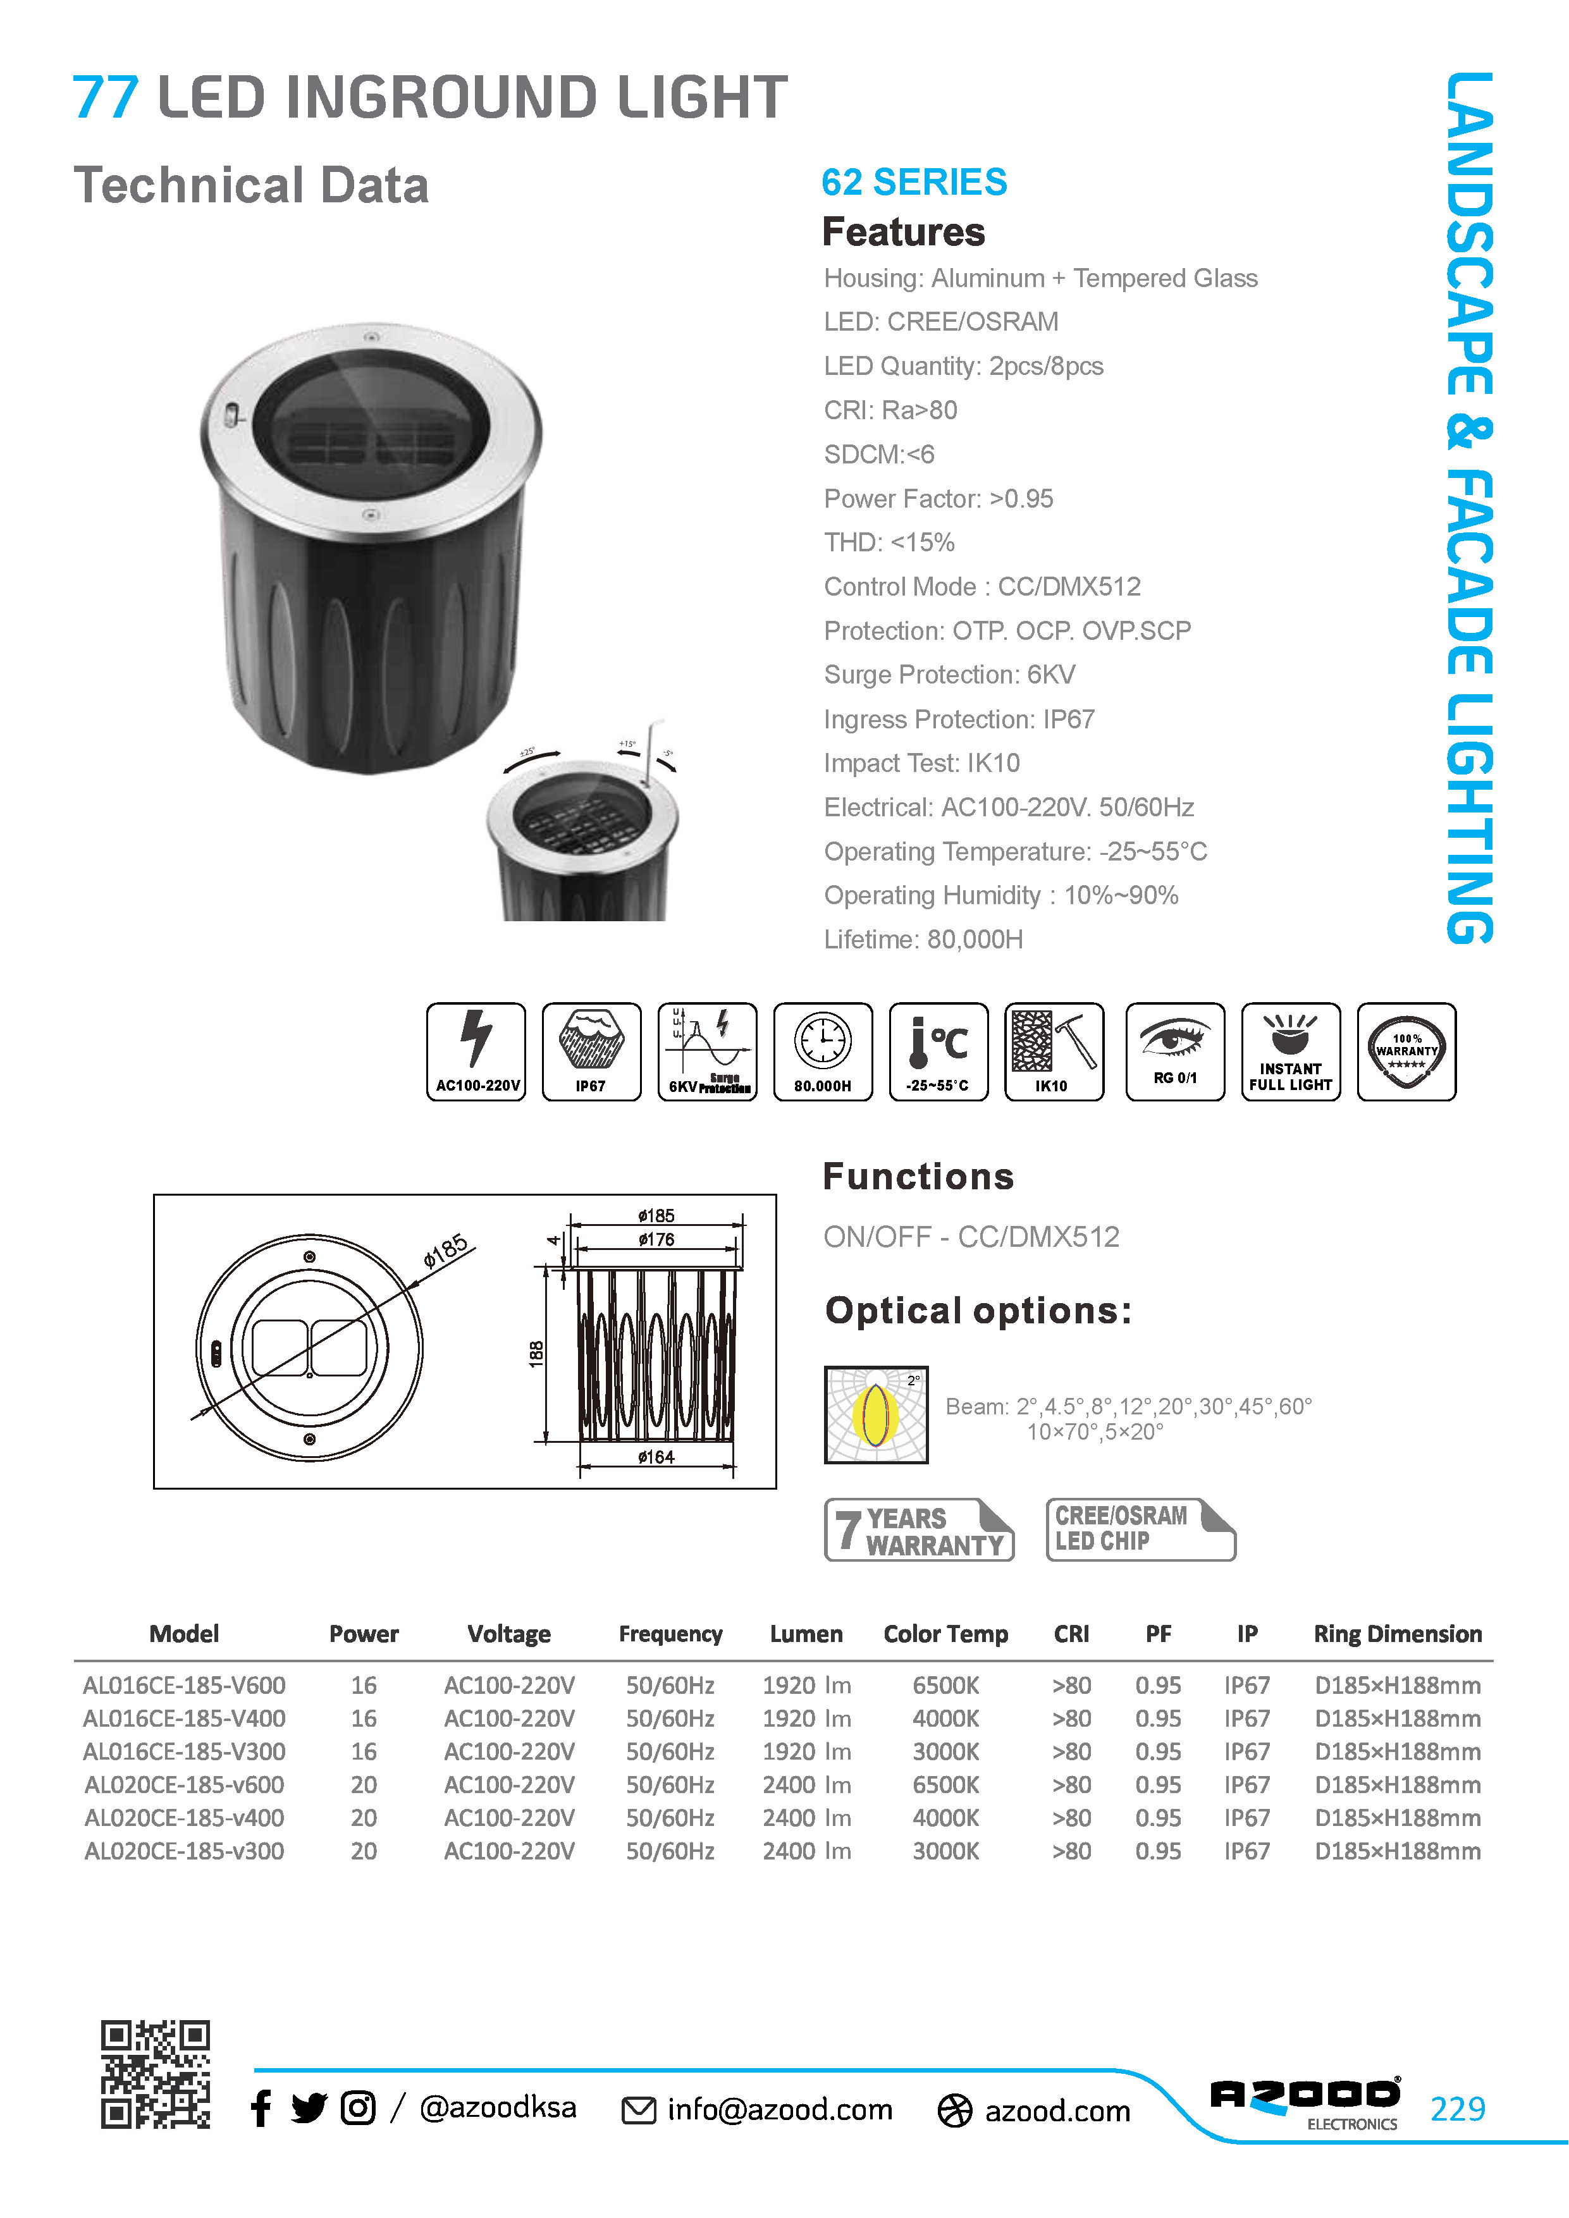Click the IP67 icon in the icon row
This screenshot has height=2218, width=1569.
(x=591, y=1051)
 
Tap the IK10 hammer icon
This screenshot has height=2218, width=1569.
(x=1054, y=1051)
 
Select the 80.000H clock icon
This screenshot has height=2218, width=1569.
(x=823, y=1051)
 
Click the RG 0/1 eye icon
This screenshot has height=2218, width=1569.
(x=1175, y=1051)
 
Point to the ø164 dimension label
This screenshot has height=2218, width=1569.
(x=656, y=1457)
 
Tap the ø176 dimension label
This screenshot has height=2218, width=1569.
(x=656, y=1239)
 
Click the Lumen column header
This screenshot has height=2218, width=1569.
(x=806, y=1634)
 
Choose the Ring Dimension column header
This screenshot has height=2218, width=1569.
(x=1397, y=1634)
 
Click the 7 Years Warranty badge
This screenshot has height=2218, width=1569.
(x=919, y=1529)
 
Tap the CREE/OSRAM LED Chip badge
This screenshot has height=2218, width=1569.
(x=1140, y=1529)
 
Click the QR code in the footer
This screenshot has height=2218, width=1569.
(x=156, y=2073)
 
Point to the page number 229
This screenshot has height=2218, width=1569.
(x=1458, y=2108)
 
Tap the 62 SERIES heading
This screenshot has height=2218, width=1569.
(x=914, y=181)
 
